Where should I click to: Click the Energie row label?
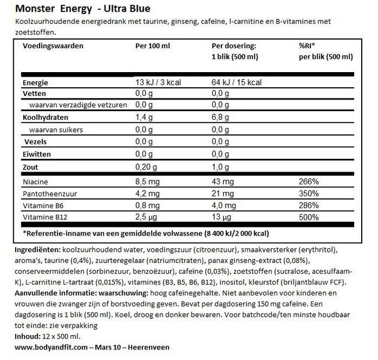click(x=35, y=83)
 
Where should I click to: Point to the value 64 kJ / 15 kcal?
click(x=240, y=83)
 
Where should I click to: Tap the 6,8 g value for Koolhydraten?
click(x=222, y=117)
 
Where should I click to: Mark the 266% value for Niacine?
click(x=308, y=182)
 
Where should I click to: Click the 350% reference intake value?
click(x=308, y=194)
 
